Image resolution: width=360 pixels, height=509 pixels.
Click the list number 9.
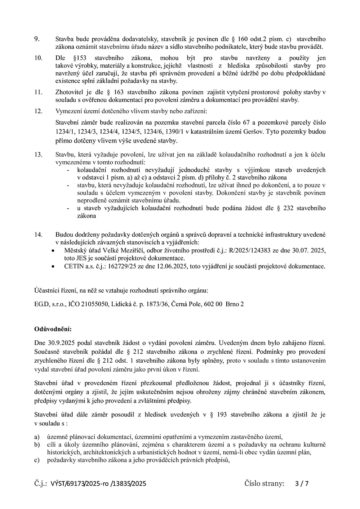click(x=37, y=39)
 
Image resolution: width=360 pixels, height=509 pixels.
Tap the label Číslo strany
click(x=264, y=483)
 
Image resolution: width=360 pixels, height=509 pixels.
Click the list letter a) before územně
click(x=37, y=436)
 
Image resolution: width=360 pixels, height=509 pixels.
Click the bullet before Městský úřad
click(x=53, y=251)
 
